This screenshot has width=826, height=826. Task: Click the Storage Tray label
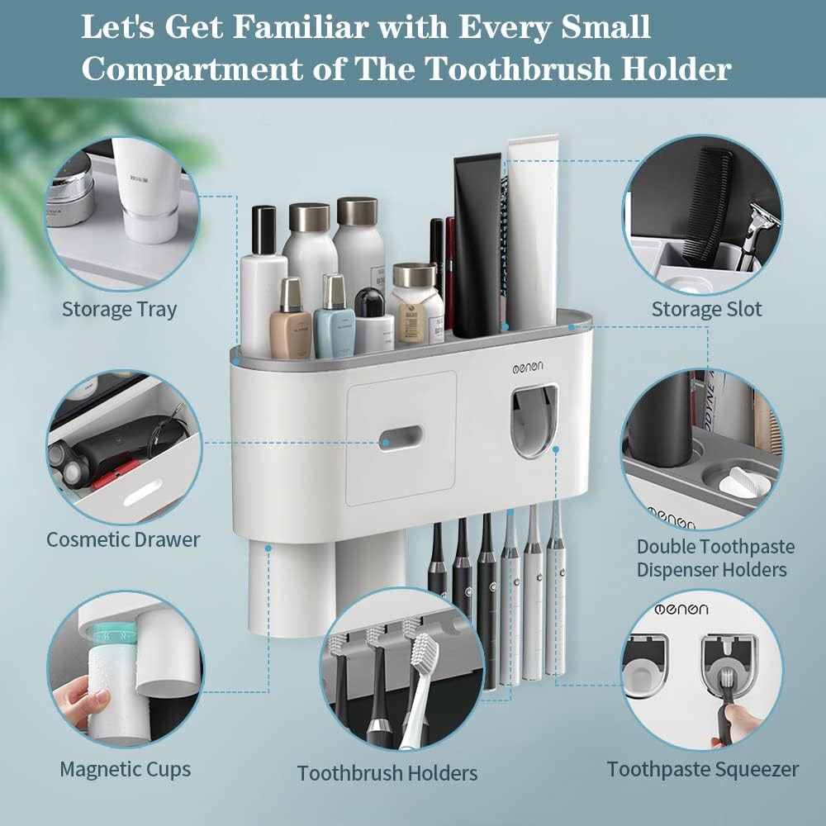point(119,311)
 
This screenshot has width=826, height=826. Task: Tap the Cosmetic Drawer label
point(123,539)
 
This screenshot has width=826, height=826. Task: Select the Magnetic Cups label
point(125,769)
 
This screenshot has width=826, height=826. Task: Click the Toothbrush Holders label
point(387,773)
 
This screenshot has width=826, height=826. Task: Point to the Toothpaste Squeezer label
point(703,769)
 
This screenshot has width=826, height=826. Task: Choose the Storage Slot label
point(706,310)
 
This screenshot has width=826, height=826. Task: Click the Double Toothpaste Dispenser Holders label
point(715,558)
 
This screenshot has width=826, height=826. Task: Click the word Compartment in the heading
point(212,69)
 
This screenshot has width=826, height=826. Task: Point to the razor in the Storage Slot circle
point(753,240)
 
